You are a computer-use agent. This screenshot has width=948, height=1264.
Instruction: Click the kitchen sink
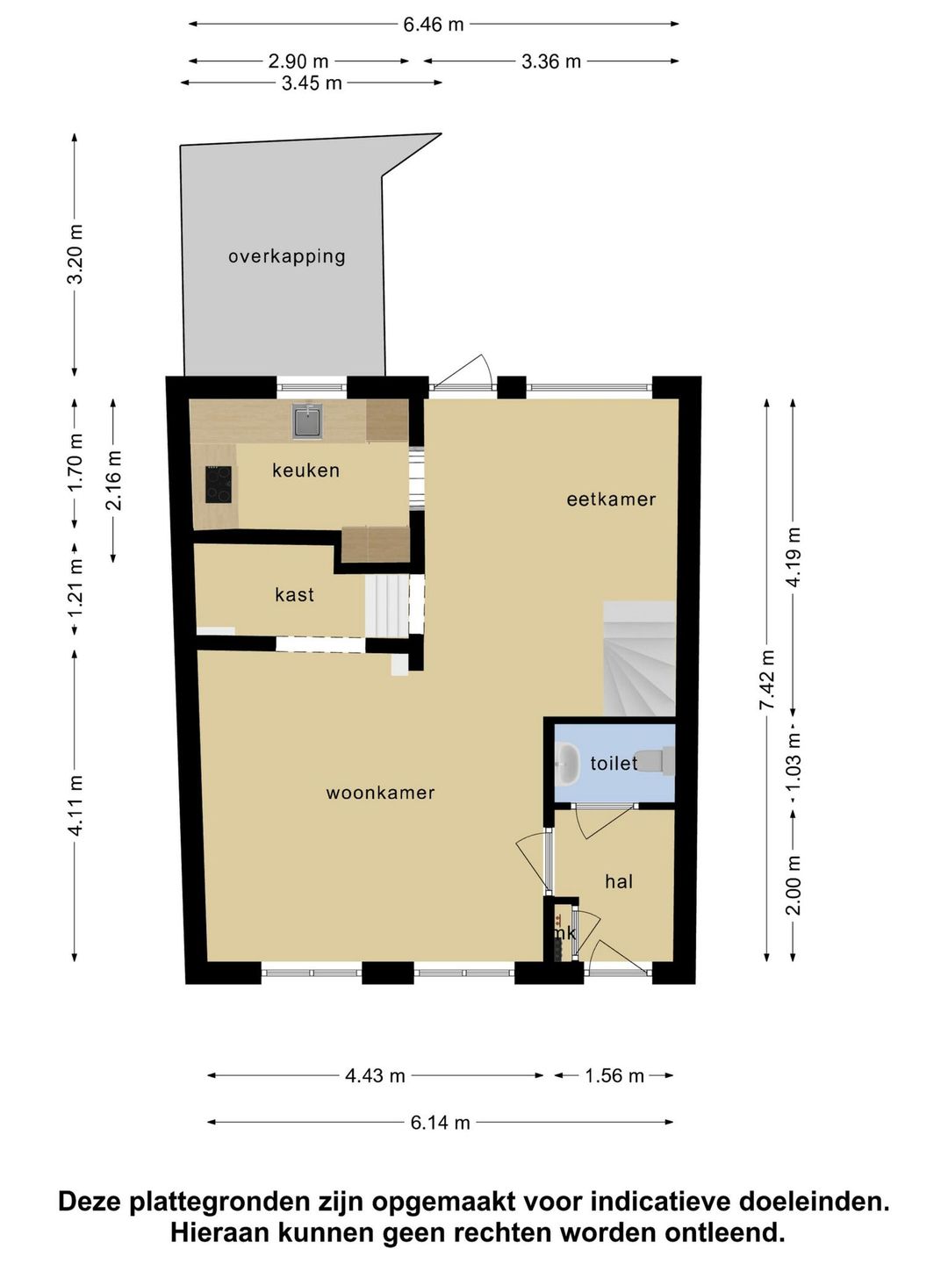[x=308, y=420]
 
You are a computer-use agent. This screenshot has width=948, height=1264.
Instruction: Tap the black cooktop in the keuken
[x=219, y=485]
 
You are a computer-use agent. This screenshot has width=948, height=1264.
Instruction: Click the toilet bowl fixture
[x=655, y=760]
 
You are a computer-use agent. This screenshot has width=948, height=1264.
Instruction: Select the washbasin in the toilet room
[x=568, y=764]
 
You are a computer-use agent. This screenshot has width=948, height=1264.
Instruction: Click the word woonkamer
[x=380, y=793]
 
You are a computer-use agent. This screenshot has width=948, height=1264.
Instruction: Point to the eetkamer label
[x=611, y=499]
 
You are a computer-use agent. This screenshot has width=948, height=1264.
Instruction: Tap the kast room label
[x=295, y=594]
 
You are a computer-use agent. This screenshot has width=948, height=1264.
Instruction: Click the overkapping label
[x=287, y=257]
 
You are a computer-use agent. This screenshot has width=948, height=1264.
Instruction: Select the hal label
[x=619, y=881]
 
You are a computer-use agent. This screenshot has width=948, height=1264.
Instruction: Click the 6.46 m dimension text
[x=434, y=25]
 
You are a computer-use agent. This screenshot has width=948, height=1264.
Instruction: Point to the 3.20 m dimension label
[x=75, y=254]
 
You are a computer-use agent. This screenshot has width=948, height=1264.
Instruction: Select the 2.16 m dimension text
[x=113, y=480]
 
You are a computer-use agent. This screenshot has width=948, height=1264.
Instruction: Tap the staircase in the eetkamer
[x=639, y=658]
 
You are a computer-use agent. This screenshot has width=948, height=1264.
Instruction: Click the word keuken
[x=305, y=470]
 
